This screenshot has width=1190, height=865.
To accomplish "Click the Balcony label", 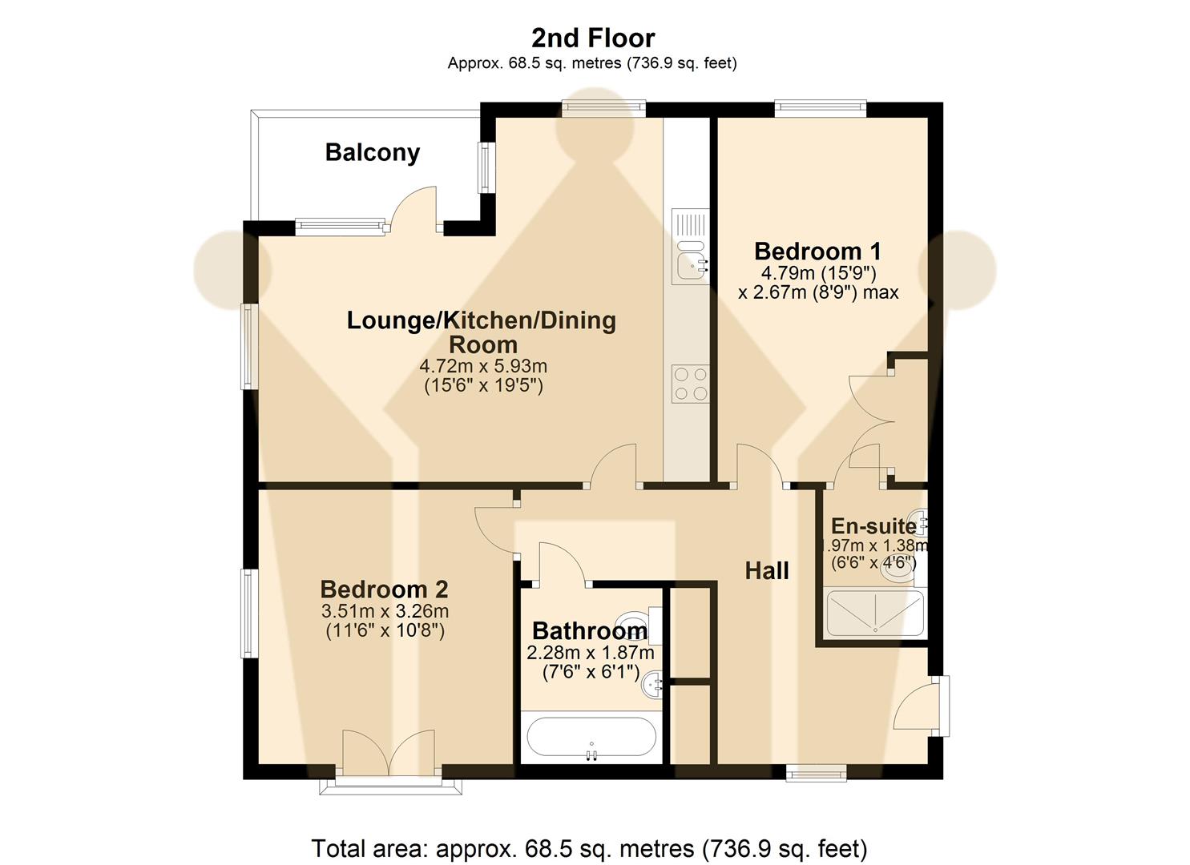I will [373, 152].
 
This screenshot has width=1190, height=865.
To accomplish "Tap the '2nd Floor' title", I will [593, 38].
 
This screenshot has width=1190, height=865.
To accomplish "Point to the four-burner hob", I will [690, 383].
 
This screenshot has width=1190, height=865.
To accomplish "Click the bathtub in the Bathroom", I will [591, 738].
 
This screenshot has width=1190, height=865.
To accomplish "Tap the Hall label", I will [767, 570].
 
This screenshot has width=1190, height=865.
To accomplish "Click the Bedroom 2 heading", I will [384, 589].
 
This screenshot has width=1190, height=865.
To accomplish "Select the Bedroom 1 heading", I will [818, 251].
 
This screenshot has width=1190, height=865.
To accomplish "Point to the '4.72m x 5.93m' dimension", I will [483, 366].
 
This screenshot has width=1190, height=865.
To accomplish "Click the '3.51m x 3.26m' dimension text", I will [385, 611].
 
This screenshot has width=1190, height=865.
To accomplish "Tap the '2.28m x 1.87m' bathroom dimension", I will [591, 653].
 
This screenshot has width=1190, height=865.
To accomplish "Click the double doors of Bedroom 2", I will [389, 753].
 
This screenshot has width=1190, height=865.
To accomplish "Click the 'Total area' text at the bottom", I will [589, 847].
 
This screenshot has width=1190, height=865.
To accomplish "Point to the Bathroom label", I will [589, 630].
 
